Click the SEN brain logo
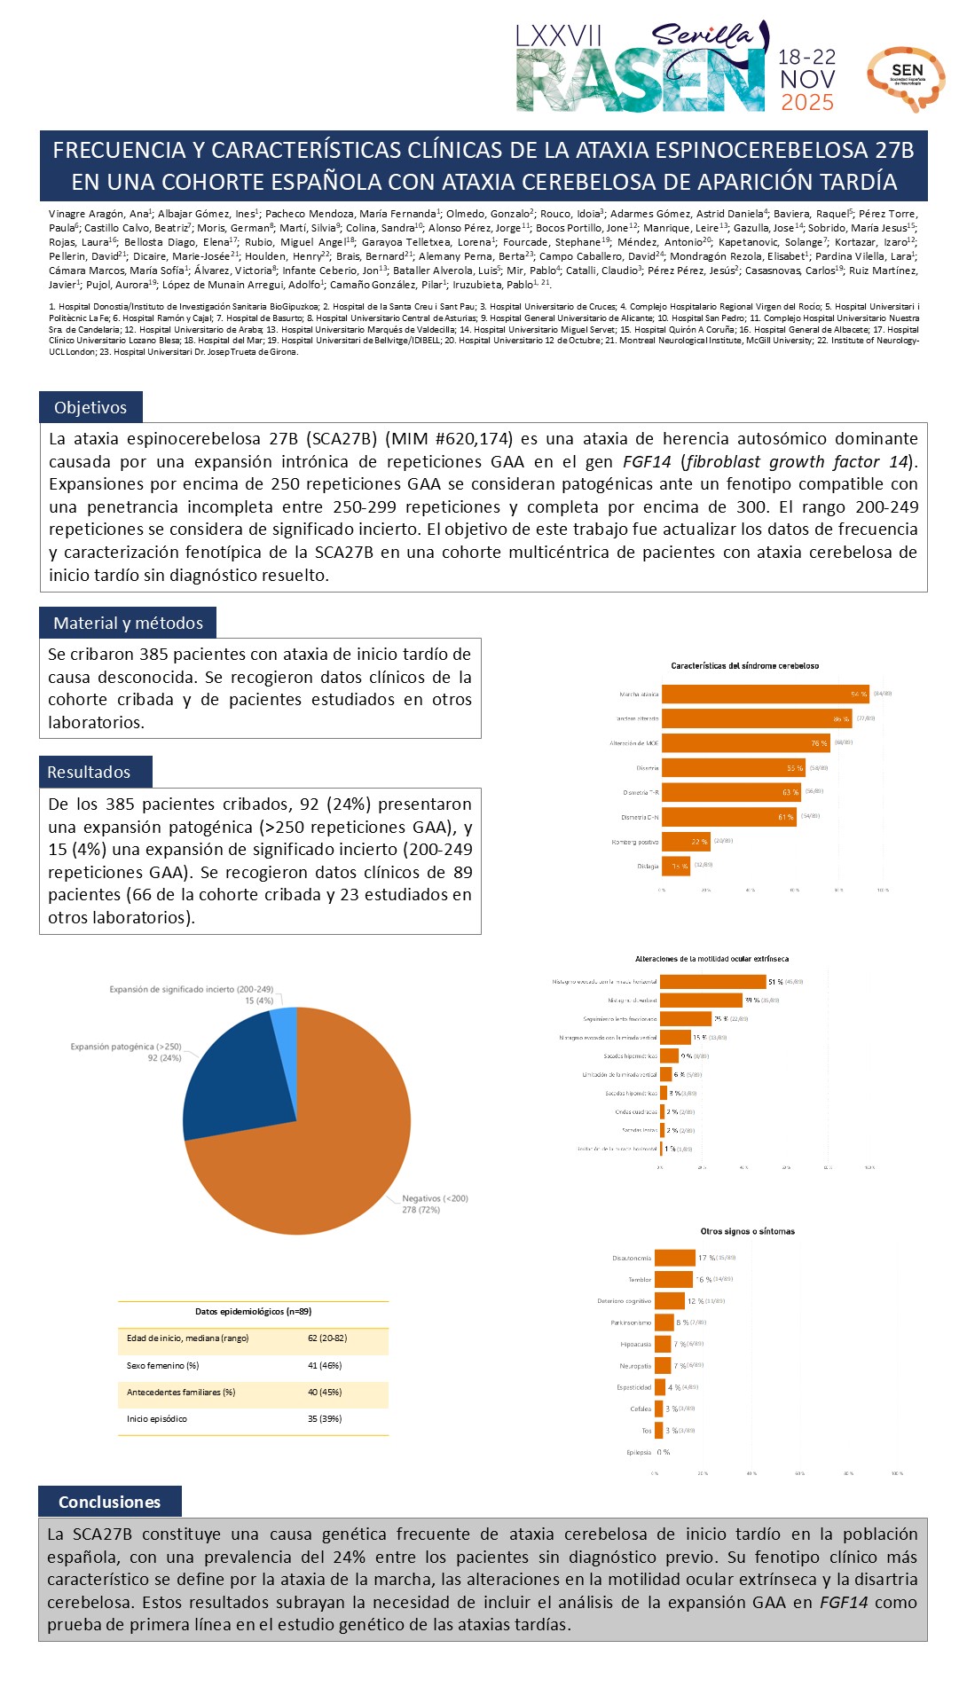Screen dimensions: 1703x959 coord(906,78)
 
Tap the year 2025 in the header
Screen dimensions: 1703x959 coord(806,103)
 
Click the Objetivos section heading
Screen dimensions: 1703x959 coord(90,408)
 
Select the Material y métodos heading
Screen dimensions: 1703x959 coord(128,624)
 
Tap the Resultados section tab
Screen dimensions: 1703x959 coord(89,773)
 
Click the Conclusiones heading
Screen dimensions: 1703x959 coord(109,1502)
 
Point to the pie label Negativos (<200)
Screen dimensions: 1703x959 coord(435,1198)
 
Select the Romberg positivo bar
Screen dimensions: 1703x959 coord(685,841)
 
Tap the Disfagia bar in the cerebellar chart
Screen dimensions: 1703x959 coord(675,866)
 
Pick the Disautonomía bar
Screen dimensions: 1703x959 coord(674,1258)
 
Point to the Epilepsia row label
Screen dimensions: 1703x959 coord(639,1452)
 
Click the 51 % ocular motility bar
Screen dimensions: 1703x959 coord(712,982)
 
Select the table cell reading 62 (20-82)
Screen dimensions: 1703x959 coord(326,1338)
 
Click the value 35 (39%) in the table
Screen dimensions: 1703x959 coord(325,1418)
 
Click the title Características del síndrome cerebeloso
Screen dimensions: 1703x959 coord(744,665)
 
